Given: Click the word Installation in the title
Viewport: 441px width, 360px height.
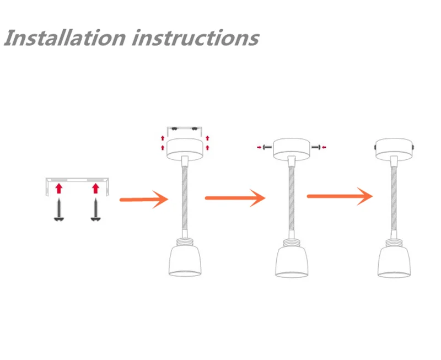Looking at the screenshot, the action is click(65, 39).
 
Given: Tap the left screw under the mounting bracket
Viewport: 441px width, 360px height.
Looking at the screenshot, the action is click(58, 209).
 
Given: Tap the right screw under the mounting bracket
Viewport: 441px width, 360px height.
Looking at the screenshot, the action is click(95, 209).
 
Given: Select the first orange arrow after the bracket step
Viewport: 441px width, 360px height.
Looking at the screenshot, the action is click(143, 198).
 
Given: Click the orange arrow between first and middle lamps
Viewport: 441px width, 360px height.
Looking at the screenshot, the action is click(235, 197).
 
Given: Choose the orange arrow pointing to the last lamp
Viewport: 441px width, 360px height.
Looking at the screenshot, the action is click(340, 195).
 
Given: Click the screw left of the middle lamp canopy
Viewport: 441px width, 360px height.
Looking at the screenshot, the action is click(265, 147).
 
